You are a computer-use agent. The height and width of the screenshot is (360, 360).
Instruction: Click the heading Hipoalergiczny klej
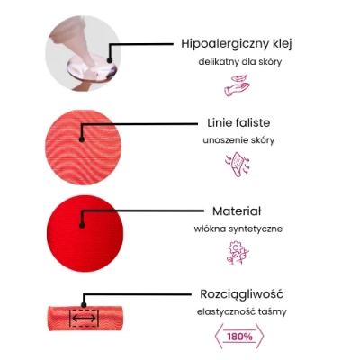[237, 44]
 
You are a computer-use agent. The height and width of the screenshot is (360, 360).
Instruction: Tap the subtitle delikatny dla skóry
[240, 62]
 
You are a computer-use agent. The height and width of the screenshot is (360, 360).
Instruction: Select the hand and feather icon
[237, 85]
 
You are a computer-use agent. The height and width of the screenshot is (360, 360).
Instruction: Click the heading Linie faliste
[238, 122]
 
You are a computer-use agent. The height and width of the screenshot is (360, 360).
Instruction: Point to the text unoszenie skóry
[238, 140]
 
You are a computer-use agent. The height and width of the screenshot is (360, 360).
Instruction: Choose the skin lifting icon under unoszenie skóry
[238, 165]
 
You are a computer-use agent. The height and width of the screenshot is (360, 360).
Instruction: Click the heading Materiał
[237, 211]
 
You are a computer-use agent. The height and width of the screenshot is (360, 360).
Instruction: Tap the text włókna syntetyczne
[238, 229]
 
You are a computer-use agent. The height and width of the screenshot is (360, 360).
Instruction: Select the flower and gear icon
[238, 252]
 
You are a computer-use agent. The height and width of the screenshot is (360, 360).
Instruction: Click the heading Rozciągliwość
[241, 294]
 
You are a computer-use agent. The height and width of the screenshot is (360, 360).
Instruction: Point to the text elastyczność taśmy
[242, 312]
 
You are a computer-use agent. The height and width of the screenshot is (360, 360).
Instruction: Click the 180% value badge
[239, 337]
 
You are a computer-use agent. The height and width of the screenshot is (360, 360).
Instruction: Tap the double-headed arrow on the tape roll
[85, 318]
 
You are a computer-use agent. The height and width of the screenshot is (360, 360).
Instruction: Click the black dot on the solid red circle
[82, 225]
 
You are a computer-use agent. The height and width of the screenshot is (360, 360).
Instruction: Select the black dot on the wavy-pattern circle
[81, 139]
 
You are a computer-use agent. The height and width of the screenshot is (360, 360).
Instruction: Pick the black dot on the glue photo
[110, 60]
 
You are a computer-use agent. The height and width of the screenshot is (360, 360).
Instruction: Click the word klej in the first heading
[283, 44]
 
